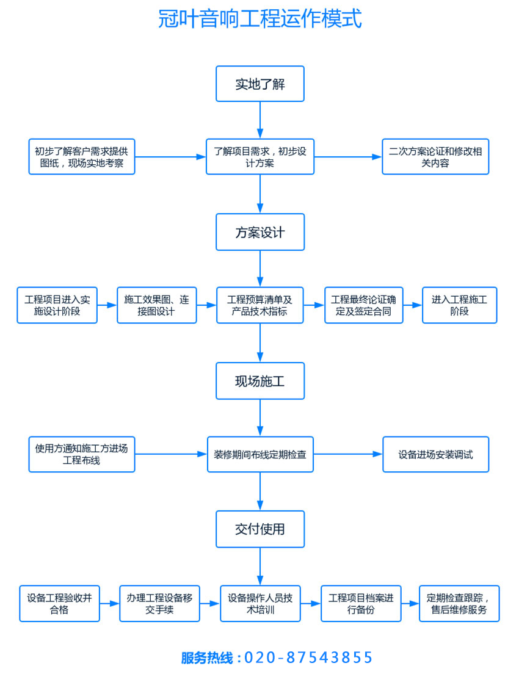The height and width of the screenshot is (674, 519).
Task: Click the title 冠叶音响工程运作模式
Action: pos(259,18)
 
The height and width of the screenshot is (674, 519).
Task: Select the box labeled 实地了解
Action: pos(260,84)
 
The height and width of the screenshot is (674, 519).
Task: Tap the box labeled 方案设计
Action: pos(260,232)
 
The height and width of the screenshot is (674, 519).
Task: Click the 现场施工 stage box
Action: pos(260,381)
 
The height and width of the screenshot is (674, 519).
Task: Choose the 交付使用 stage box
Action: pos(260,529)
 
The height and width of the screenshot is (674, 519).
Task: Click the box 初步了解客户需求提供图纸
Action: pos(82,157)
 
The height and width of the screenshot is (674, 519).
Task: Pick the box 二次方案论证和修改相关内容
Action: pos(435,157)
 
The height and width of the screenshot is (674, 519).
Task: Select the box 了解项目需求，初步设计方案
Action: pos(260,157)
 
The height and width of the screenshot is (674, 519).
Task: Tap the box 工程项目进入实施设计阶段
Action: pos(57,305)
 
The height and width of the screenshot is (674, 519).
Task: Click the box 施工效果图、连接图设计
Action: pos(157,305)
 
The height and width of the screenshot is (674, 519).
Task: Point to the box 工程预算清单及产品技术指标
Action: pos(260,305)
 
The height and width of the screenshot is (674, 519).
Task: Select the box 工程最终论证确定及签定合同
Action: pos(363,305)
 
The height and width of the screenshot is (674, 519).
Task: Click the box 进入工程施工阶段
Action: pos(459,305)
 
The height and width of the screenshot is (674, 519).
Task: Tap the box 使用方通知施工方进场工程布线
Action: pos(82,454)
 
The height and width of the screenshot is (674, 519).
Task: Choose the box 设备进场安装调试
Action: pos(435,454)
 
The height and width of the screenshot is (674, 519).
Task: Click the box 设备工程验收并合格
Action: pos(59,603)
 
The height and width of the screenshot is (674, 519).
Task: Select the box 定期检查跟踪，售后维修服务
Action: pos(459,603)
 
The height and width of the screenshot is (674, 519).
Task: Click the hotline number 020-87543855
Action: pos(308,658)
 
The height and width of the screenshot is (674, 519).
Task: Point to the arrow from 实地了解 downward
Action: pos(260,120)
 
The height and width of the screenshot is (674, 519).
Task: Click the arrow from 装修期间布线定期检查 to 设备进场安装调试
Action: pos(348,454)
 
